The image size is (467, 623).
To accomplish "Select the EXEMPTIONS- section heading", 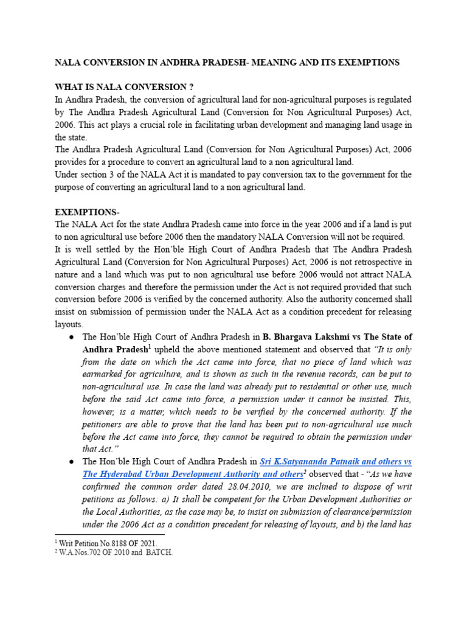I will point(87,212).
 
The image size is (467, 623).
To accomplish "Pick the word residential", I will point(296,387).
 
